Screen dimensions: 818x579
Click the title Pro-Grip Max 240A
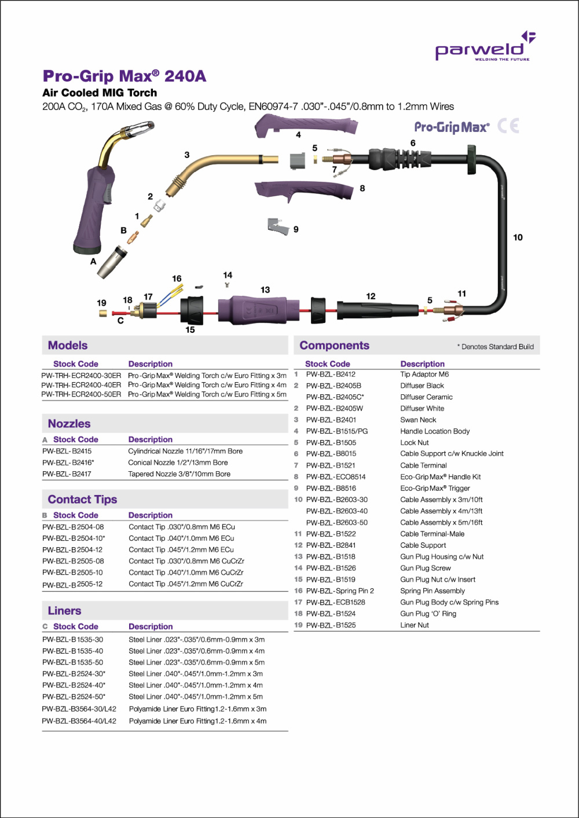(x=124, y=76)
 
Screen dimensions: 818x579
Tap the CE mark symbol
(x=508, y=126)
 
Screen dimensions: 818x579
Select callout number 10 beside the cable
(x=518, y=237)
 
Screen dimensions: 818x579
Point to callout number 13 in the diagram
(x=265, y=289)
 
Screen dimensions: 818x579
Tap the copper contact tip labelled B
(x=134, y=237)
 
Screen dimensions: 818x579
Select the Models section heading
(x=68, y=346)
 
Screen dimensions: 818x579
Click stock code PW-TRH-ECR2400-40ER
(x=81, y=385)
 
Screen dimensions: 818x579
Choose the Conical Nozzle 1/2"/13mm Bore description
(x=178, y=463)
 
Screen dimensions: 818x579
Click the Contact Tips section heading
(x=82, y=500)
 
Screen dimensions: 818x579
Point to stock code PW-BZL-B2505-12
(x=72, y=584)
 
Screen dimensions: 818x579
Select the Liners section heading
(x=64, y=611)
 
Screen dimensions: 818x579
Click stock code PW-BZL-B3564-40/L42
(x=79, y=721)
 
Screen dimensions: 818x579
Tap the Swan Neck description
(x=418, y=420)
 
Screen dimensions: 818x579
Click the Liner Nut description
(x=415, y=625)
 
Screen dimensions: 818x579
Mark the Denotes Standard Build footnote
(x=496, y=347)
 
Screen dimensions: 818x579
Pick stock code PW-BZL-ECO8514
(x=336, y=477)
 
